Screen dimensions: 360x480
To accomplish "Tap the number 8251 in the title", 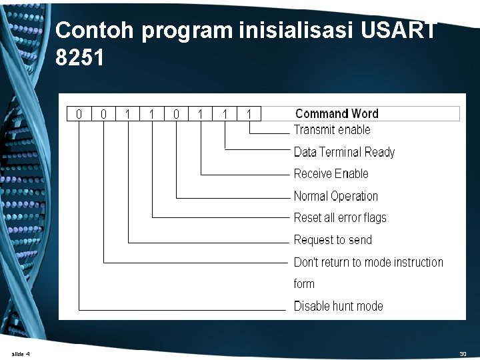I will click(x=80, y=59).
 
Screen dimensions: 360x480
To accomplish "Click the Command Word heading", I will click(x=337, y=113).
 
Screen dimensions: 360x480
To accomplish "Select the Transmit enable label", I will click(x=332, y=130).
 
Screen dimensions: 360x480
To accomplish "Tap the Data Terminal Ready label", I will click(x=344, y=152).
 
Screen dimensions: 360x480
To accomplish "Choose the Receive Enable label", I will click(x=331, y=174).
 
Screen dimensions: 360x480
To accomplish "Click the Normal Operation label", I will click(x=335, y=196).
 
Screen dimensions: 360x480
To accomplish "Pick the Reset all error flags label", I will click(x=340, y=217).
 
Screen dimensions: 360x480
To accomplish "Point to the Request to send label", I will click(x=333, y=240).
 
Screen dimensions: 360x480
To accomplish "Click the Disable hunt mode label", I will click(x=338, y=306).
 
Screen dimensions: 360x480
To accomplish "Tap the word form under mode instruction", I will click(x=304, y=284).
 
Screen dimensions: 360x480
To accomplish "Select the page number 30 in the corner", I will click(x=463, y=353).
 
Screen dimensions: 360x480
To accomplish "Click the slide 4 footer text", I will click(x=21, y=353).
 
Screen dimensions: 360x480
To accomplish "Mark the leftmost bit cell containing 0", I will click(x=79, y=114).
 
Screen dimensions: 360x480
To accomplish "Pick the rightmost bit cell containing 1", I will click(x=249, y=114).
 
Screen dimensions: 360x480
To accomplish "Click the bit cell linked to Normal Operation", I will click(x=176, y=114).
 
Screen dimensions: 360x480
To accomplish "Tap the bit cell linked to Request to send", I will click(x=127, y=114).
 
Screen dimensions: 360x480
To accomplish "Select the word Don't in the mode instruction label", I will click(x=306, y=262).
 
